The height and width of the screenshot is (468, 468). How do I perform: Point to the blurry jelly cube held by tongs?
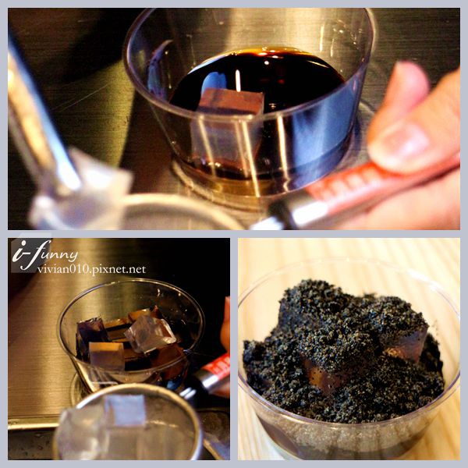coord(80,191)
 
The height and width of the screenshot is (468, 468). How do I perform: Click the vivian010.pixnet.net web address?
coord(91,270)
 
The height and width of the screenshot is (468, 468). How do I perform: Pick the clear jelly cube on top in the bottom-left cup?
coord(150,332)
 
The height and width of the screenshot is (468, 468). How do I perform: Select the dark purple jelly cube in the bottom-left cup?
coord(91,335)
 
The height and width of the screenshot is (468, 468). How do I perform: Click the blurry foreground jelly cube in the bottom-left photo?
coord(101,424)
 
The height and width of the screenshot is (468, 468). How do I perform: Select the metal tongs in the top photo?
coord(42,119)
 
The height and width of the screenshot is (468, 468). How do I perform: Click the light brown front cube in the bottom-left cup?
coord(107,356)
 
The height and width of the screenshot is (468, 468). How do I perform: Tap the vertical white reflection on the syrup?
coord(238,80)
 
